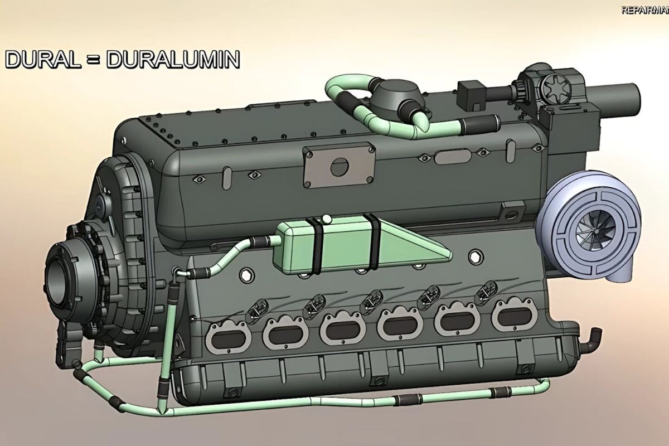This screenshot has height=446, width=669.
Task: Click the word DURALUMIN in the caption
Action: [173, 60]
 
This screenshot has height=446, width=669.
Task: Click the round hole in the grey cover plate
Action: [339, 166]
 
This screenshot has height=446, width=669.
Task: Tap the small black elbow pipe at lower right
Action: [594, 337]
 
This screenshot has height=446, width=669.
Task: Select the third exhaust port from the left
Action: [342, 329]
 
